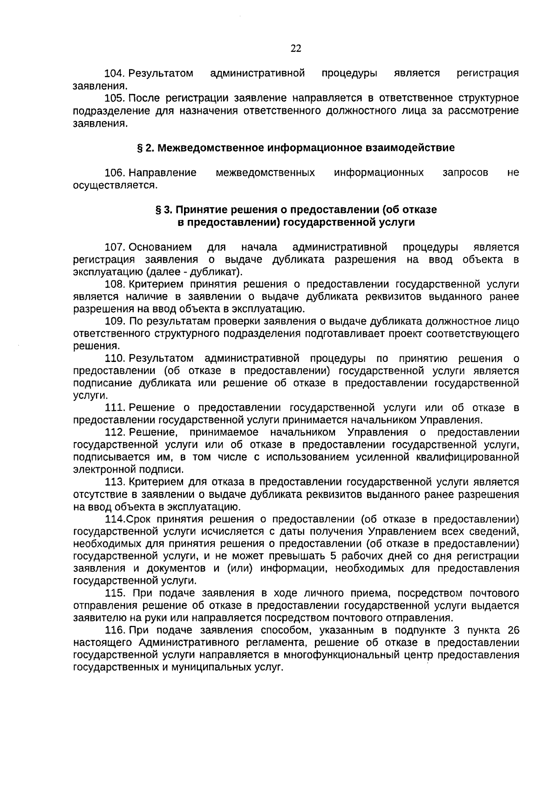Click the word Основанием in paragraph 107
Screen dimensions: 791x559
tap(160, 247)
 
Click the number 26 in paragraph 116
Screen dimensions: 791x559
tap(513, 631)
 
